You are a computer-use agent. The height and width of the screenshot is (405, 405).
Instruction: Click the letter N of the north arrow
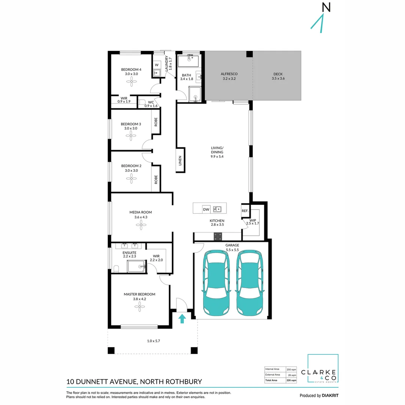coord(326,7)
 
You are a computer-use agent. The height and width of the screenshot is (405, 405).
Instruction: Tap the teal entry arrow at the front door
coord(182,318)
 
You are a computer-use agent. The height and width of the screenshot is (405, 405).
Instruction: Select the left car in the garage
coord(216,283)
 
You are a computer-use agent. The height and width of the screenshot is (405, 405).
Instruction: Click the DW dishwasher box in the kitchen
coord(206,209)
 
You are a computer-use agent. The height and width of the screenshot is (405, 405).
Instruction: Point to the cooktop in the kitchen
coord(218,236)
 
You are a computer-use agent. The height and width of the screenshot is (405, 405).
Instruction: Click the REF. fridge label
coord(245,211)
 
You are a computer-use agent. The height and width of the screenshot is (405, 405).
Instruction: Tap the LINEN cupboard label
coord(180,160)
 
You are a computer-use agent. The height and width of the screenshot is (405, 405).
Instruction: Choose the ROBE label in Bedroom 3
coord(156,122)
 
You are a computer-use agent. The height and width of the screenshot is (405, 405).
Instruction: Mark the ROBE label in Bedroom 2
coord(156,180)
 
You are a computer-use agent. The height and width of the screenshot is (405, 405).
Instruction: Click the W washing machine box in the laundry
coord(157,64)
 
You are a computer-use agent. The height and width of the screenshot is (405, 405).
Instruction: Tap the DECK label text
coord(277,74)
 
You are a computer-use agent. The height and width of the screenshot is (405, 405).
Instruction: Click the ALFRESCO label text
coord(229,74)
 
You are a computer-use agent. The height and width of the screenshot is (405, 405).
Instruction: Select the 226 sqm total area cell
coord(291,380)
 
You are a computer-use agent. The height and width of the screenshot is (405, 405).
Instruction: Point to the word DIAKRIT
coord(330,396)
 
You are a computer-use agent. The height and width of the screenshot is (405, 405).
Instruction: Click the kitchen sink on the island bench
coord(217,209)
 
